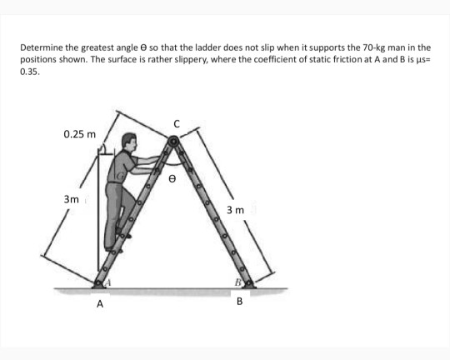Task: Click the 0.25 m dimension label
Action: (79, 134)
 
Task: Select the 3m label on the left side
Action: (72, 200)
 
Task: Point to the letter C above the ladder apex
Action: (176, 124)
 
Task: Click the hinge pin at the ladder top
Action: (173, 142)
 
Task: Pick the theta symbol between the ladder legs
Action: (173, 177)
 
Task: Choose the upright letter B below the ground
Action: (239, 302)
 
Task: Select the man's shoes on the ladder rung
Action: (116, 242)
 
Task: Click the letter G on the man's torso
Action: (121, 177)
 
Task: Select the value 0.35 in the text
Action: (29, 72)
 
